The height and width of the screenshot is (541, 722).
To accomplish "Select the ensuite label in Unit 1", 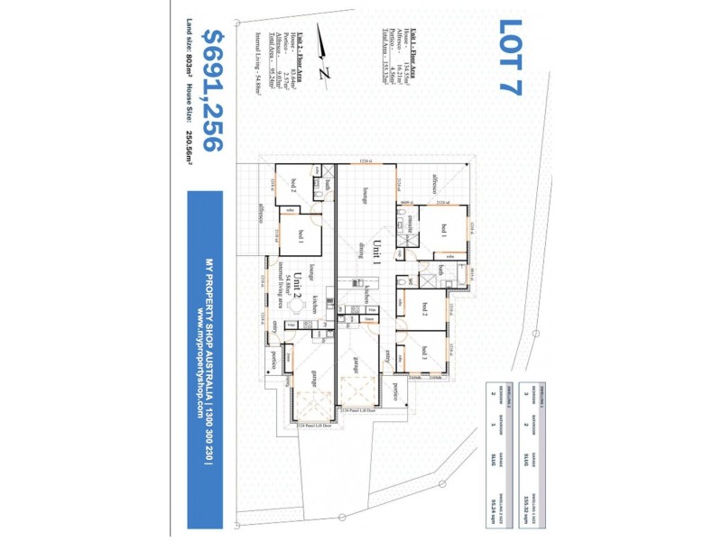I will point(407,220).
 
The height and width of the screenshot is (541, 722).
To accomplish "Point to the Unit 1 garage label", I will point(356,365).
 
